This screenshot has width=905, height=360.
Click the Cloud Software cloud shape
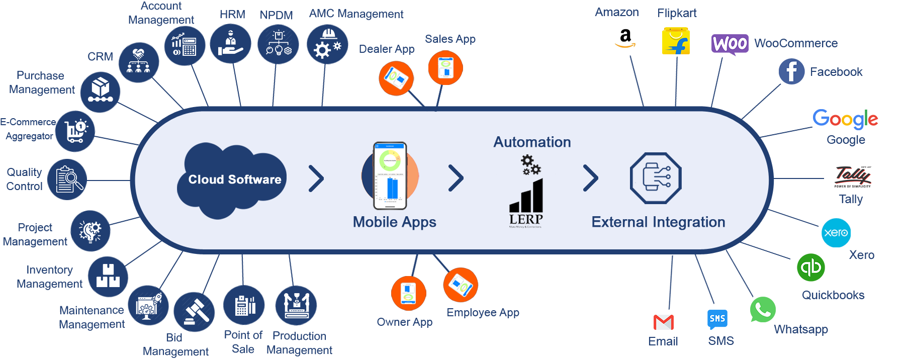coord(232,179)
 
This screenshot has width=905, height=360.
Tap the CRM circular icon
coord(139,62)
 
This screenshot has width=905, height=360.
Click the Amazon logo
coord(625,38)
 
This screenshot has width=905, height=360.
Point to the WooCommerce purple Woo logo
coord(730,44)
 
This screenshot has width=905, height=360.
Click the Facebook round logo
coord(791,71)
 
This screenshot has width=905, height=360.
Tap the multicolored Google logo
coord(845,119)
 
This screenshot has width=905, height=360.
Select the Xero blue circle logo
coord(836,233)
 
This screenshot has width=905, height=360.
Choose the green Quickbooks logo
coord(811,267)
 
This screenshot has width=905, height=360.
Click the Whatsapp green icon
coord(763,310)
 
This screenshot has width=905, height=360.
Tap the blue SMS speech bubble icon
coord(717,319)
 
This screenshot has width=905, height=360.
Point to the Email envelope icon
coord(663,322)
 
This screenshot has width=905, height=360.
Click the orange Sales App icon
coord(445,68)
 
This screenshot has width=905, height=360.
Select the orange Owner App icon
coord(408,293)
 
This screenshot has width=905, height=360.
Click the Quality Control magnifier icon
coord(67,179)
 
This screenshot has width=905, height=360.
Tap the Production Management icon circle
coord(296,305)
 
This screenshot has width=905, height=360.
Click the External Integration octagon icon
coord(656,178)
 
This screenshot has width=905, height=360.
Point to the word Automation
coord(532,142)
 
